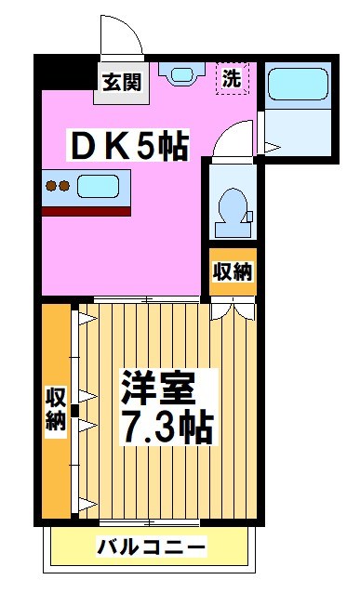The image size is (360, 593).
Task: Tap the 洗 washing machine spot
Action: [x=232, y=79]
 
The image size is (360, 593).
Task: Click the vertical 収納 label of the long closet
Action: [x=55, y=409]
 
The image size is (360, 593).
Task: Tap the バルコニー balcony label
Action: [x=152, y=547]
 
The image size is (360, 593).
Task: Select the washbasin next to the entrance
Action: [x=180, y=72]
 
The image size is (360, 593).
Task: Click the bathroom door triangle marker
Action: [x=270, y=146]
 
